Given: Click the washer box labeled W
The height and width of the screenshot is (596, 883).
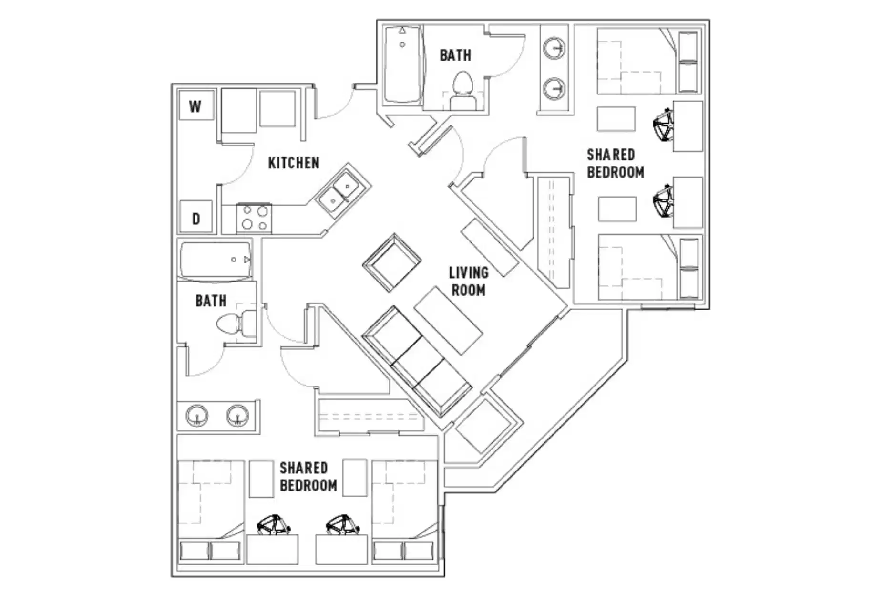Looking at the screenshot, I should tap(195, 106).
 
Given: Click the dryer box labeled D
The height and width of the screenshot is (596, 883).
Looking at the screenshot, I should tap(195, 218).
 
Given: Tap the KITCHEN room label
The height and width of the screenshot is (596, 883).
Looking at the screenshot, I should tap(294, 163).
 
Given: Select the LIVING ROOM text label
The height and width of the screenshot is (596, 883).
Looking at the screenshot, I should tap(468, 281).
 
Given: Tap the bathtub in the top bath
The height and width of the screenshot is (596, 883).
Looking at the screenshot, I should tap(403, 64).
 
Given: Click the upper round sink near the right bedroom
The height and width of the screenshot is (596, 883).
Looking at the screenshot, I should tap(554, 49).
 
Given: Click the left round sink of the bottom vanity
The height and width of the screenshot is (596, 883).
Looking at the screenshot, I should tap(197, 415).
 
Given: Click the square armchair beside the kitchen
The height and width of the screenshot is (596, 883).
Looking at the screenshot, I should tap(392, 262).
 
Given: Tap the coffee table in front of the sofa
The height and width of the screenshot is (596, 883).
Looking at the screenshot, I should tap(448, 320).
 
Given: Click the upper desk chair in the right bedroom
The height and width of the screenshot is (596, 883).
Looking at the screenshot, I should tap(663, 125).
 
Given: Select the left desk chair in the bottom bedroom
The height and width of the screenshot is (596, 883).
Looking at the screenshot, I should tap(272, 525).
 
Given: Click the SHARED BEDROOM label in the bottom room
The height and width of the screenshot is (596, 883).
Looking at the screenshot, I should tap(308, 476).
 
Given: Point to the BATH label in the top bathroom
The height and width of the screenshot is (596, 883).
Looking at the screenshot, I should tap(455, 55).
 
